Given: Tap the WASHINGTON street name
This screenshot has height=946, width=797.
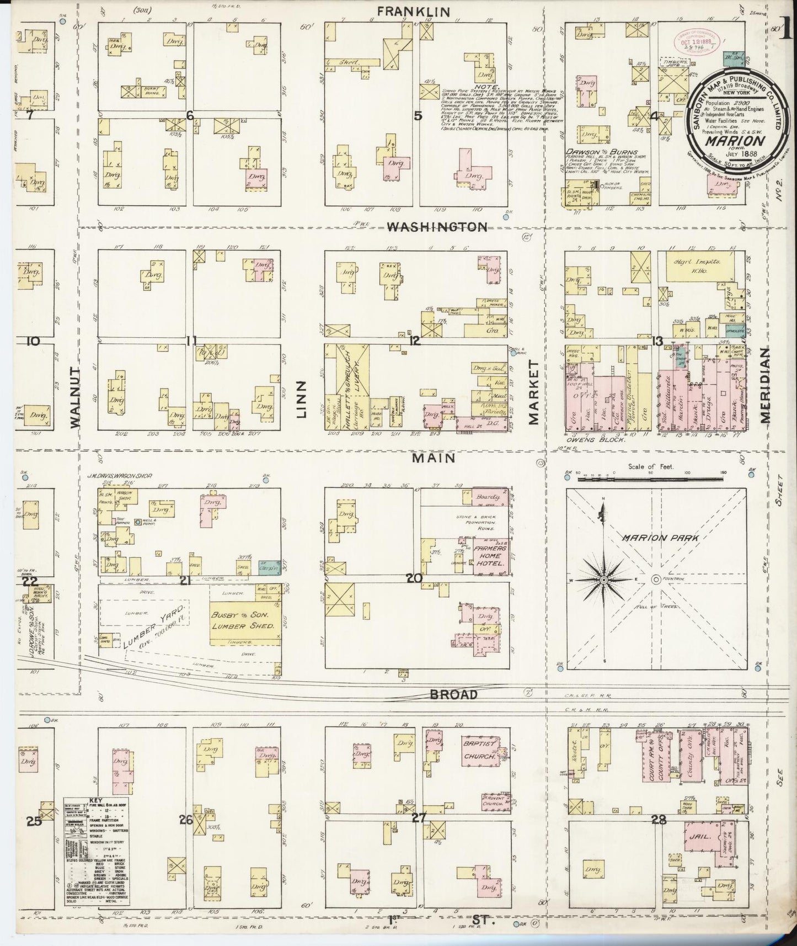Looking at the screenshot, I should pos(437,227).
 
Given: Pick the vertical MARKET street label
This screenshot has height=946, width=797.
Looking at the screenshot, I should pos(533,392).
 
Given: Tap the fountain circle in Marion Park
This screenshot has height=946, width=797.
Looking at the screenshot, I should pos(656,579).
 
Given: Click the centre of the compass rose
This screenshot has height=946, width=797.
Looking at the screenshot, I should pos(603,580).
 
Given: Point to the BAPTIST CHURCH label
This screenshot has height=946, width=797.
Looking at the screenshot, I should pos(480,750).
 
